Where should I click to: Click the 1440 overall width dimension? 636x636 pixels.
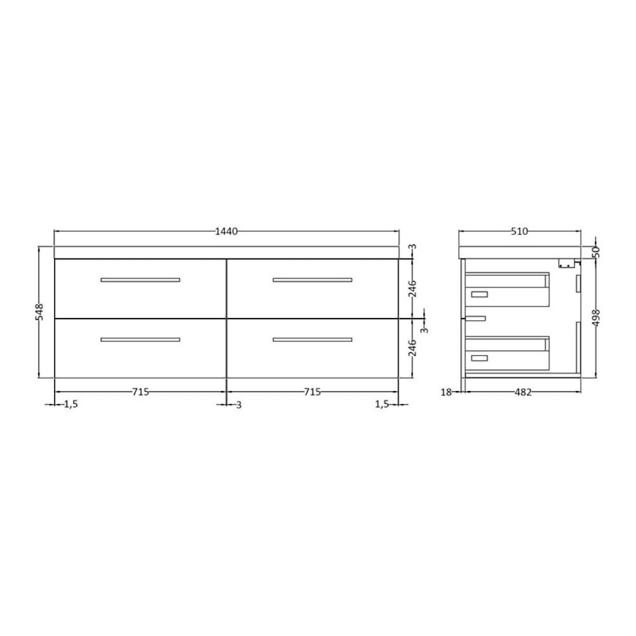tap(226, 232)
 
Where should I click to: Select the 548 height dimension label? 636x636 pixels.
tap(39, 312)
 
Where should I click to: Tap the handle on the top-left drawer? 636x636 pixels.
tap(140, 280)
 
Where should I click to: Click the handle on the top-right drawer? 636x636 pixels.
tap(312, 280)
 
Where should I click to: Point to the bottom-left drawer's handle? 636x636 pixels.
tap(140, 340)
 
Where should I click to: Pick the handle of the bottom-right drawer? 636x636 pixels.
tap(312, 340)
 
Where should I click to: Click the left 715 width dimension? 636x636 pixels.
tap(140, 392)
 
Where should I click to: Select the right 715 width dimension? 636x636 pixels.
tap(312, 392)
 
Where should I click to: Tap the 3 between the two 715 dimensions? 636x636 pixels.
tap(238, 404)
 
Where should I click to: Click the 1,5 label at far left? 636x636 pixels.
tap(71, 404)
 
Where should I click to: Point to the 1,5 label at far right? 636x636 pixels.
tap(382, 404)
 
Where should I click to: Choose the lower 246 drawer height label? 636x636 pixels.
tap(412, 348)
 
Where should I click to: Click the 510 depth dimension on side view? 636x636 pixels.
tap(520, 232)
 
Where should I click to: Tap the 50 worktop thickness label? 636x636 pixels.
tap(596, 252)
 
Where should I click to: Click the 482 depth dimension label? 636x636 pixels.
tap(522, 392)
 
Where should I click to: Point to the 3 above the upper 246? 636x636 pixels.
tap(412, 247)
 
